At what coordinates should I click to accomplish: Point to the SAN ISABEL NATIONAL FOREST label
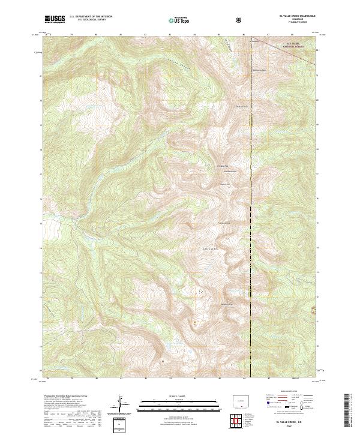(x=280, y=45)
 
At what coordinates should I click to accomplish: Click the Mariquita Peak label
(x=239, y=70)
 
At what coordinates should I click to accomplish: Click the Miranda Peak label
(x=227, y=305)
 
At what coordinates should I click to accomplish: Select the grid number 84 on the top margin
(x=194, y=35)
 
